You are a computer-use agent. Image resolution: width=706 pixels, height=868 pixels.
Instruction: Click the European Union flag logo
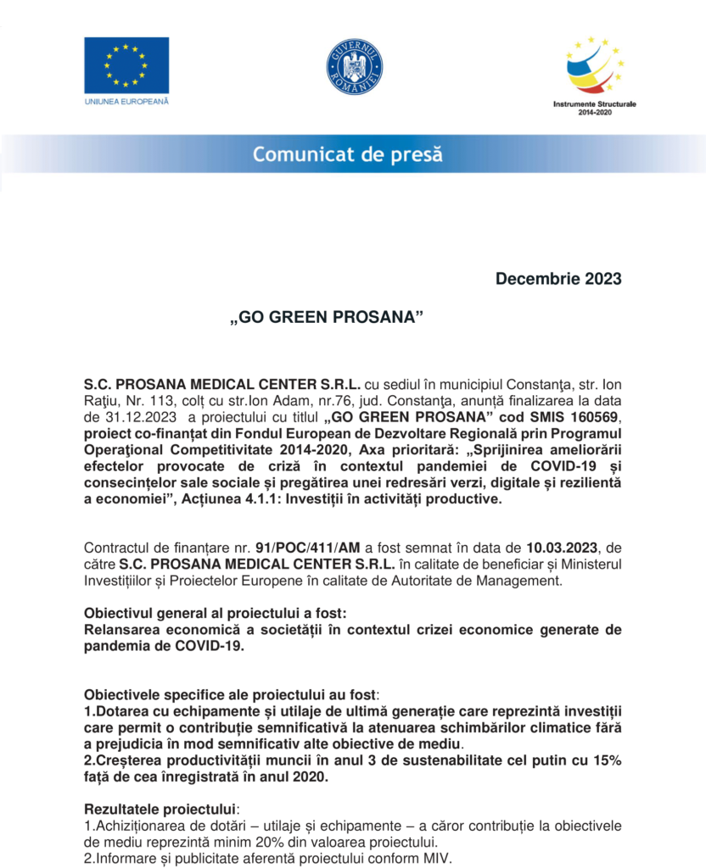click(x=126, y=65)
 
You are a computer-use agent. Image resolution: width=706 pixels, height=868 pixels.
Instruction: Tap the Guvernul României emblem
click(x=354, y=66)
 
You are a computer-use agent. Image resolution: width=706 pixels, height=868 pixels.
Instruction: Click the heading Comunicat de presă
click(x=347, y=155)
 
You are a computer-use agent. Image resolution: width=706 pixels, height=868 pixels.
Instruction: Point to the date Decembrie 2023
click(x=558, y=279)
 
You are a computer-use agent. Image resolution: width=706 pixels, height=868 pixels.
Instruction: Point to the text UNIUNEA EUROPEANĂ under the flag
click(x=126, y=101)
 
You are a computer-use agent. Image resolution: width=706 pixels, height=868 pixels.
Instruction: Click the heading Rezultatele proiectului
click(x=161, y=806)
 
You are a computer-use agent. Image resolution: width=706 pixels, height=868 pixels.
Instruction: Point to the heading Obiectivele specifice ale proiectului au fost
click(x=229, y=694)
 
